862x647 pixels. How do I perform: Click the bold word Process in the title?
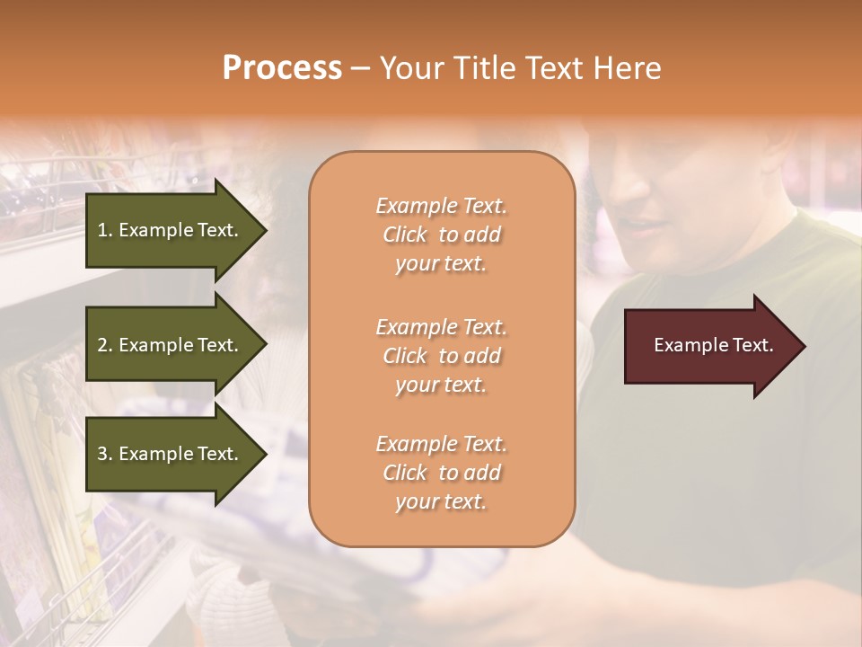(282, 68)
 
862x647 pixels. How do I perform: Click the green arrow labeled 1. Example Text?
(171, 230)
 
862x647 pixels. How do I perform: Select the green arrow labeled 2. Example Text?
(171, 345)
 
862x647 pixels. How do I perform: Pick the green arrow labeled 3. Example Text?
(171, 454)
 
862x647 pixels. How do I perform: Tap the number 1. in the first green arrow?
(105, 230)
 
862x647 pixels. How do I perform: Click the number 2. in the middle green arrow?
(105, 345)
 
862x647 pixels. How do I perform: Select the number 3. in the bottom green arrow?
(105, 454)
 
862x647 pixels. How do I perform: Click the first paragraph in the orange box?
(441, 235)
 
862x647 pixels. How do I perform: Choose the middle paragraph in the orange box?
(441, 356)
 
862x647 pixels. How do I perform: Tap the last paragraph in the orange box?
(441, 473)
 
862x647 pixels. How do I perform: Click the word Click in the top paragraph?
(405, 235)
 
